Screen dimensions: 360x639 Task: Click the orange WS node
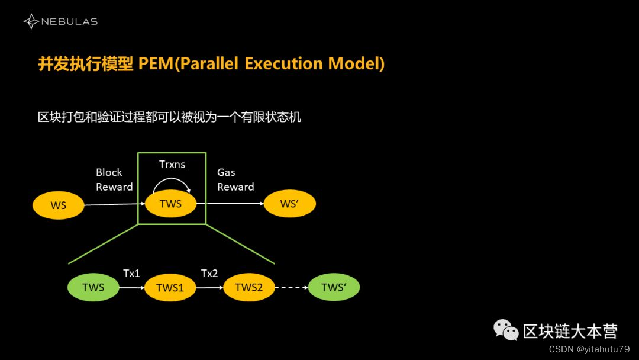(x=58, y=205)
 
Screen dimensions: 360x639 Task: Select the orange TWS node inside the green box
(x=170, y=204)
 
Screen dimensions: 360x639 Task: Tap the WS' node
(x=289, y=204)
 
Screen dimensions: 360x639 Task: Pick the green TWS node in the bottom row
(x=93, y=288)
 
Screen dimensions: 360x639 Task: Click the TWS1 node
(x=170, y=288)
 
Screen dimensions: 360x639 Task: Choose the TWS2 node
(x=248, y=288)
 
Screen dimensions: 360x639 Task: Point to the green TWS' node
(x=333, y=288)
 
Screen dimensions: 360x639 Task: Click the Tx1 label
(x=131, y=274)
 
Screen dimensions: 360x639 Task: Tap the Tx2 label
(x=209, y=274)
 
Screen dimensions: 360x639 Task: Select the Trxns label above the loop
(x=172, y=165)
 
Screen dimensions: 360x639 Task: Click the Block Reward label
(x=114, y=179)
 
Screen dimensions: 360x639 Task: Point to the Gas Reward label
(x=235, y=179)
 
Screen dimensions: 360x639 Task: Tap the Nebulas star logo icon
(x=31, y=22)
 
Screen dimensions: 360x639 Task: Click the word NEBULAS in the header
(x=69, y=22)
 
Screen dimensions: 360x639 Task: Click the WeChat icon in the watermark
(x=506, y=330)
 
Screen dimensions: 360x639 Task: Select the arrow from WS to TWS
(x=113, y=205)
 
